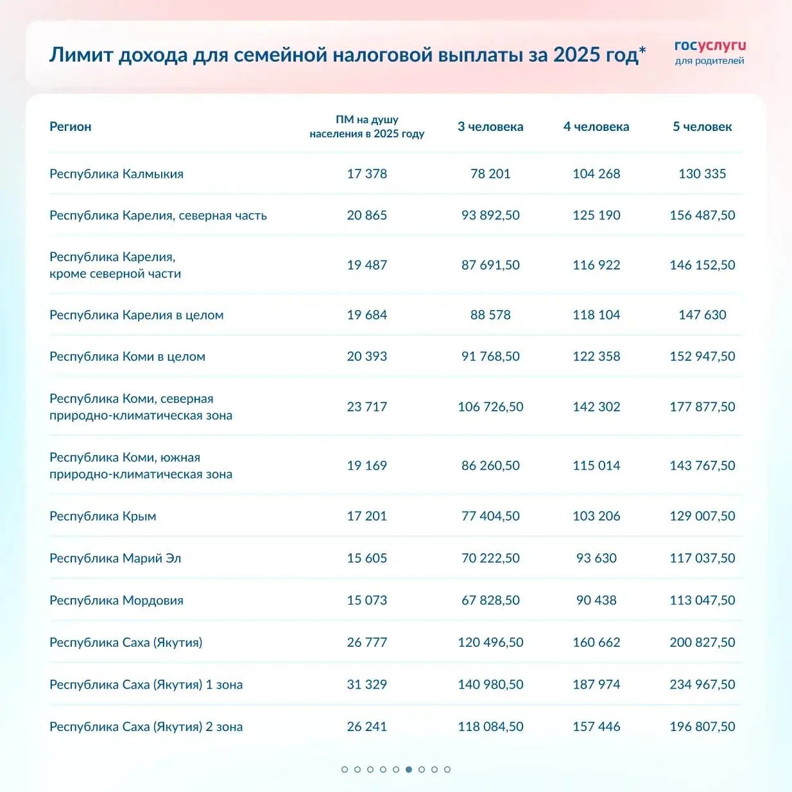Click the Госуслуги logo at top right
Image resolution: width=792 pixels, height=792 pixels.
710,52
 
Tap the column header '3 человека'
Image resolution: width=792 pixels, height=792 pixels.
490,126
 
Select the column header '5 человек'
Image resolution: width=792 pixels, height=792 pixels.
702,126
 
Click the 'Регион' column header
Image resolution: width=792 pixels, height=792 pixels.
71,126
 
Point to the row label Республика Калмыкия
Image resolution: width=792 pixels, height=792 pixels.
116,173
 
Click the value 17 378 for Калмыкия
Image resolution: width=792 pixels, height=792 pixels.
366,173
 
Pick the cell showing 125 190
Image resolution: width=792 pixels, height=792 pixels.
596,215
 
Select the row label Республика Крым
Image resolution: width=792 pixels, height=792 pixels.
103,516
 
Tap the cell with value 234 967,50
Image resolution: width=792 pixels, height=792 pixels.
702,684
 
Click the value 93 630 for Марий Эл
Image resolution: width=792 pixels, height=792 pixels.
596,558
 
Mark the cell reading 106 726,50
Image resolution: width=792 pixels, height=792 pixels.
490,406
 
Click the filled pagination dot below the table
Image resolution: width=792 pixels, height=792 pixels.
409,769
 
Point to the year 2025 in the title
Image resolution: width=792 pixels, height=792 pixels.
576,55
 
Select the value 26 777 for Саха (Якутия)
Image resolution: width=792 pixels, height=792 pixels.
366,642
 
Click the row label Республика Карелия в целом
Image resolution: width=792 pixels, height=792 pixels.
136,314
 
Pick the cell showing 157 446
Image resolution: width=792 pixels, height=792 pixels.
596,727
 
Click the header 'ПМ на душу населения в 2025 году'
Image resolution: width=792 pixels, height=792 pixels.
366,126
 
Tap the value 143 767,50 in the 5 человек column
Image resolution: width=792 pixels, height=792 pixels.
702,465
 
